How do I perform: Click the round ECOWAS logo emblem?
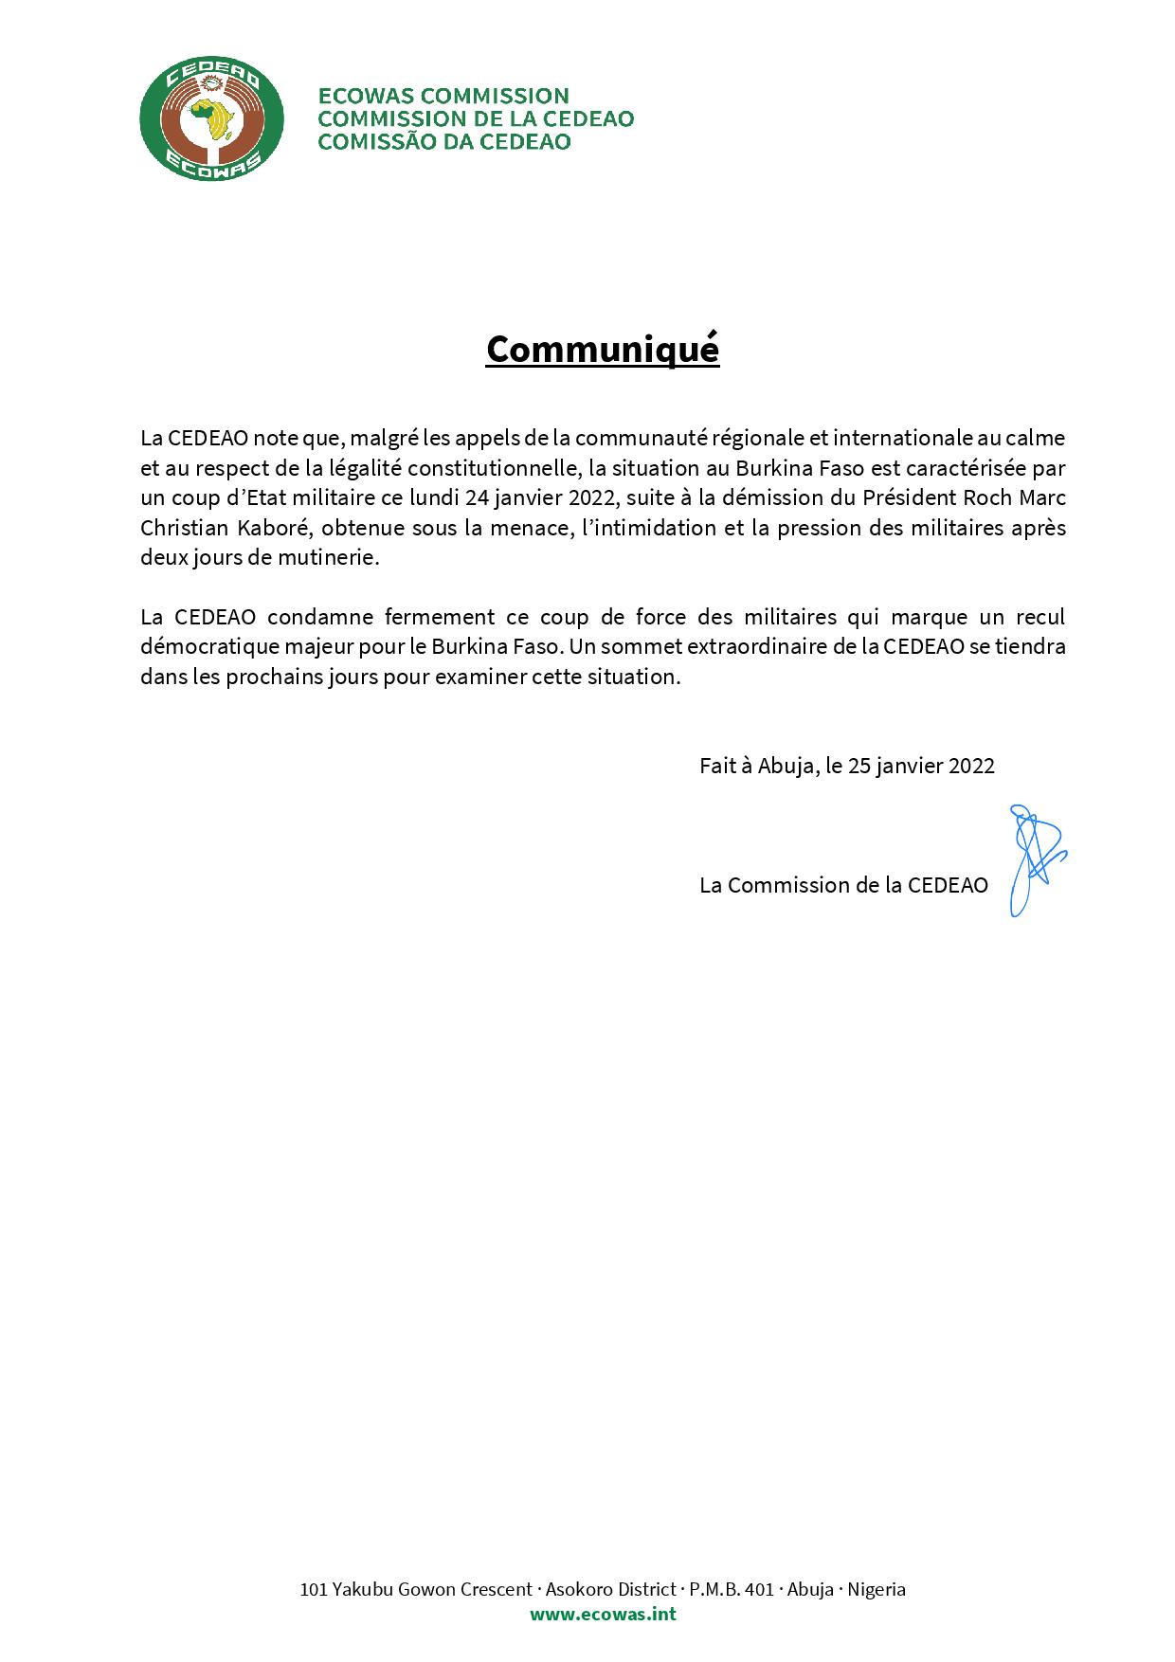coord(211,118)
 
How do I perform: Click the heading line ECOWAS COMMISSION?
coord(443,96)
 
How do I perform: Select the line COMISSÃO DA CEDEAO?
coord(443,142)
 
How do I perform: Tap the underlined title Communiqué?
coord(603,349)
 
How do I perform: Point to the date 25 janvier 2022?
coord(921,766)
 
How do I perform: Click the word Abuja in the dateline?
coord(786,766)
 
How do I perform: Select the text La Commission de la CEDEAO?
coord(843,885)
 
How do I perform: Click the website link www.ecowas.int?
coord(603,1614)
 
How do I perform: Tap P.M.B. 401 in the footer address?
coord(732,1589)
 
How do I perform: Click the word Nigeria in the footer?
coord(877,1589)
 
